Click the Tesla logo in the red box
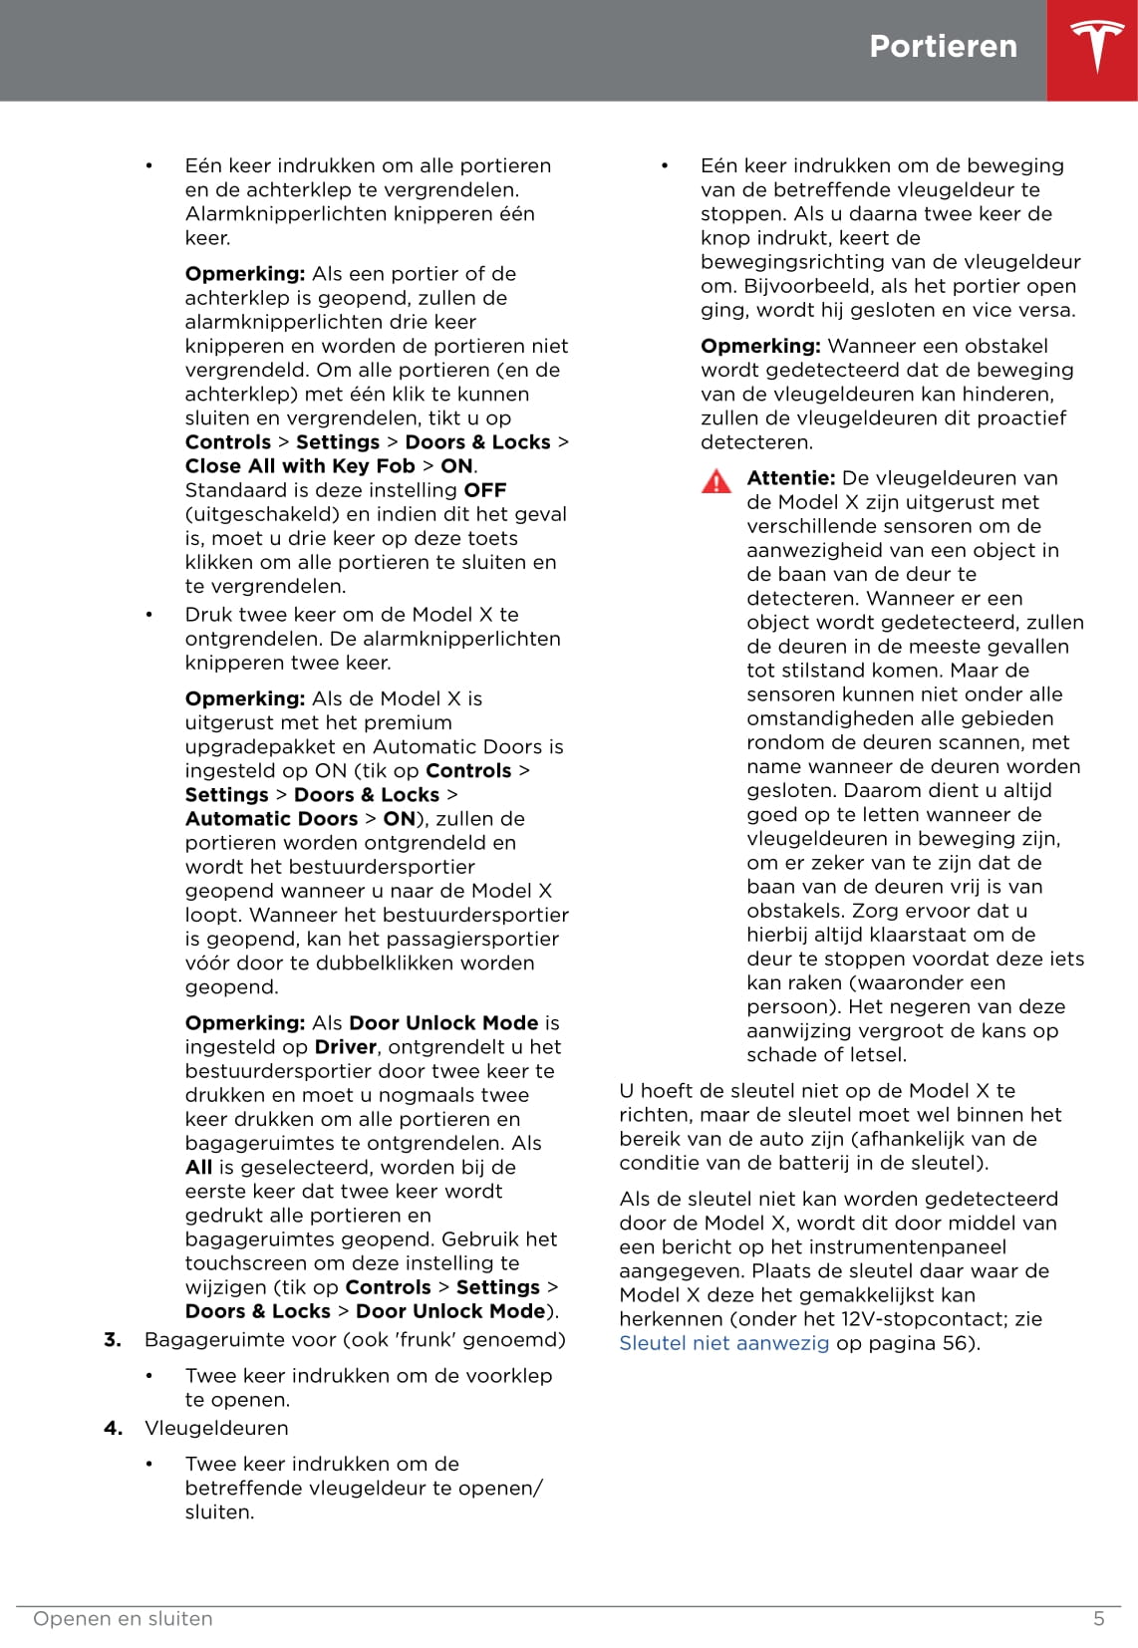tap(1096, 47)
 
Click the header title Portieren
tap(943, 46)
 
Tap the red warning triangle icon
tap(715, 481)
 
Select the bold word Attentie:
tap(790, 478)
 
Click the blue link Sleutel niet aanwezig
tap(723, 1343)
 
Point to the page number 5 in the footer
tap(1098, 1619)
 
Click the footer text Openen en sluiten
tap(123, 1619)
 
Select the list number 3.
tap(113, 1340)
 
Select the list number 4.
tap(113, 1428)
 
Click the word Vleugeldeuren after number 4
tap(215, 1428)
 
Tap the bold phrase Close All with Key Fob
tap(299, 466)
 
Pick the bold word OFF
tap(485, 490)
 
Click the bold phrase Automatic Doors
tap(271, 819)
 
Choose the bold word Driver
tap(345, 1047)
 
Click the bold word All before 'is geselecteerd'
tap(198, 1168)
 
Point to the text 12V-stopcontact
tap(926, 1319)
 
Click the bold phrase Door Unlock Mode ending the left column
tap(450, 1312)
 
